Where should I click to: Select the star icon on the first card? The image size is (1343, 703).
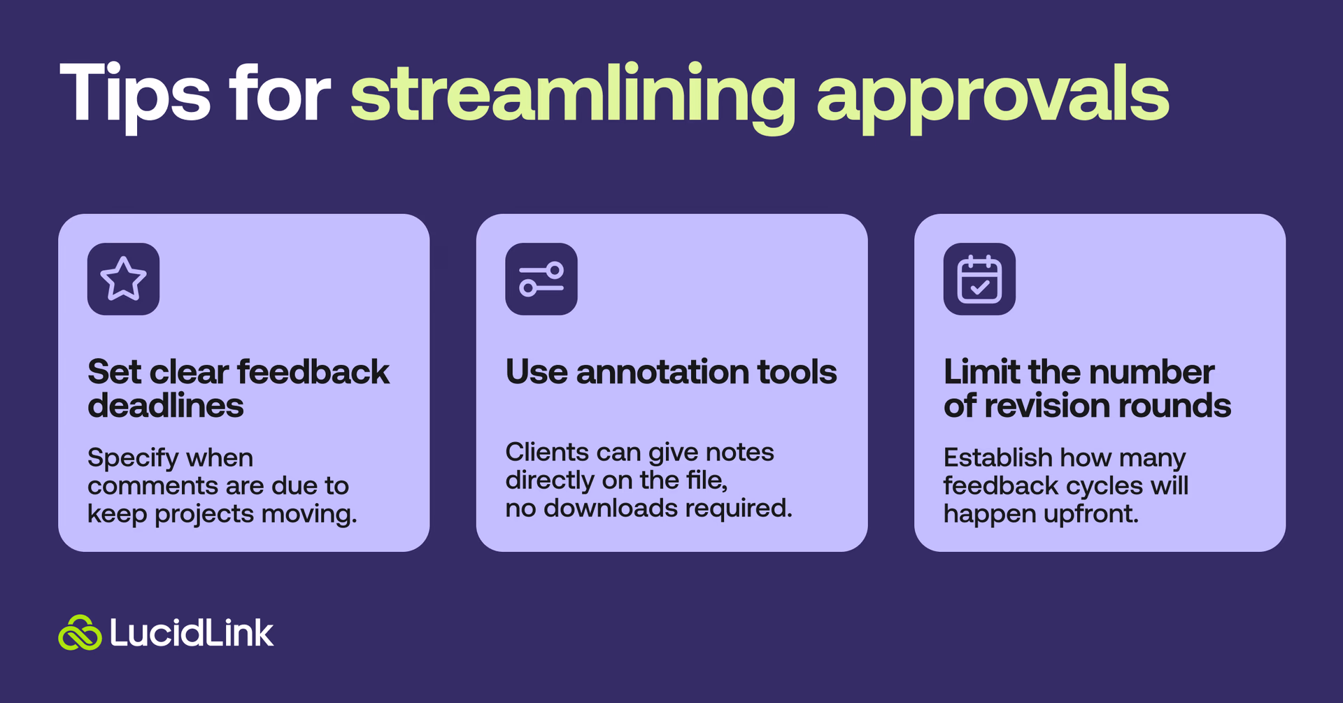click(124, 279)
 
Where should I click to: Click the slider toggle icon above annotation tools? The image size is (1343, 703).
click(541, 279)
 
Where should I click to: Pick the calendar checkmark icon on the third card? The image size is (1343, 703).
click(979, 279)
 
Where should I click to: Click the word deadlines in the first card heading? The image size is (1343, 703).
click(166, 406)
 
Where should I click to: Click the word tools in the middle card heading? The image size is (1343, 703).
click(797, 371)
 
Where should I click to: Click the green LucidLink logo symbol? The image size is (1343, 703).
click(80, 633)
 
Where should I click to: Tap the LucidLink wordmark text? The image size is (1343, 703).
click(191, 633)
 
